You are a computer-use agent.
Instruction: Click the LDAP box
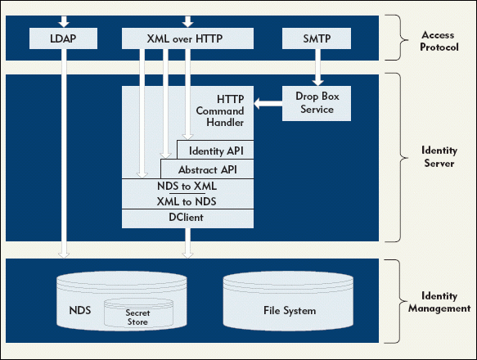pos(63,38)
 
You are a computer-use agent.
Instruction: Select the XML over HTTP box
pos(187,38)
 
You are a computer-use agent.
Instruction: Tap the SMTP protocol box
pos(317,38)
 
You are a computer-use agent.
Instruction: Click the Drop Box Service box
pos(317,103)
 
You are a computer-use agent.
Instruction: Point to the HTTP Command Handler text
pos(220,110)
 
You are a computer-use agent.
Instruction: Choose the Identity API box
pos(215,150)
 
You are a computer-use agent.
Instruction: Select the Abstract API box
pos(207,169)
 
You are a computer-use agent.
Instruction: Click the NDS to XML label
pos(187,186)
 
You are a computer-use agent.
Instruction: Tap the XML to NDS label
pos(187,201)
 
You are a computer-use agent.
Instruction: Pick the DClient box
pos(187,218)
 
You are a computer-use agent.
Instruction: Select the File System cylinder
pos(288,301)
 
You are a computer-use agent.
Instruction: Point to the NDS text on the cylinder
pos(80,310)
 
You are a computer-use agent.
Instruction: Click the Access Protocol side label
pos(439,41)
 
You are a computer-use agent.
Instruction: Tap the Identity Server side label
pos(439,156)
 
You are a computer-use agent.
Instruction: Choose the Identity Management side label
pos(439,302)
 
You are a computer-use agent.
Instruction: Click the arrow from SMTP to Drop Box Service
pos(317,67)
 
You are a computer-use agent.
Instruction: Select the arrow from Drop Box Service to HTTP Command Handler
pos(268,103)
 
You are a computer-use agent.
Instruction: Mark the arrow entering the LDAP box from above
pos(64,22)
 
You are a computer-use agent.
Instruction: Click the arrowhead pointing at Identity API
pos(187,137)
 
